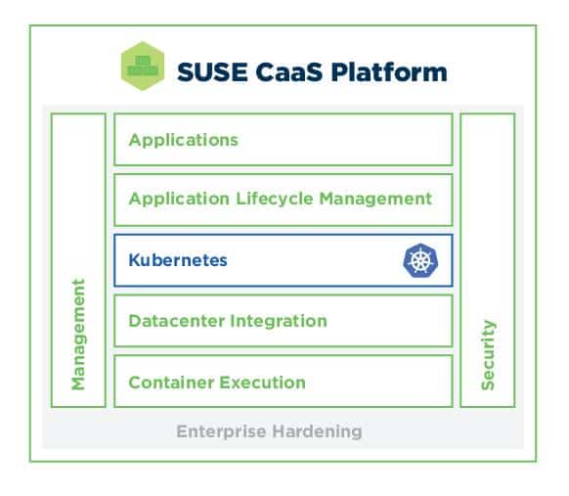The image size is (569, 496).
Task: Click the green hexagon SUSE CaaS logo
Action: point(143,66)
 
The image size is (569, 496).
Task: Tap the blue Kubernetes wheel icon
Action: point(420,260)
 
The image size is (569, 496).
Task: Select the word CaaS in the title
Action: point(288,71)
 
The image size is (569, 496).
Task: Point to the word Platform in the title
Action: point(389,71)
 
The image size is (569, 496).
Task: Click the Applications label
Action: point(183,140)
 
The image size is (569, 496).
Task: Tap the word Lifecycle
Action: point(275,199)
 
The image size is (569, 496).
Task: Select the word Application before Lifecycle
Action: point(179,199)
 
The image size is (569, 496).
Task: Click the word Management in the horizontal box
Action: point(375,199)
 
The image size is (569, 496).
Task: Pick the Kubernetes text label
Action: point(178,260)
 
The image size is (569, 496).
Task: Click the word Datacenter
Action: point(177,321)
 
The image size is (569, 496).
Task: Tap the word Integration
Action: point(279,321)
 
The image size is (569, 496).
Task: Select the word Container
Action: point(171,383)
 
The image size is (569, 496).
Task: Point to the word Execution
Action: point(262,383)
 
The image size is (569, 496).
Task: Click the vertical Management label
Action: point(78,335)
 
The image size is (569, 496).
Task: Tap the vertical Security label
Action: point(488,355)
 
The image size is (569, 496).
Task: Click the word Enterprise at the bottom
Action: point(221,431)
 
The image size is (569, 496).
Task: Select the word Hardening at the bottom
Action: point(317,431)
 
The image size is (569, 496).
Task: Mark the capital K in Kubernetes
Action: point(135,260)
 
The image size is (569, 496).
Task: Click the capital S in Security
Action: point(488,384)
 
